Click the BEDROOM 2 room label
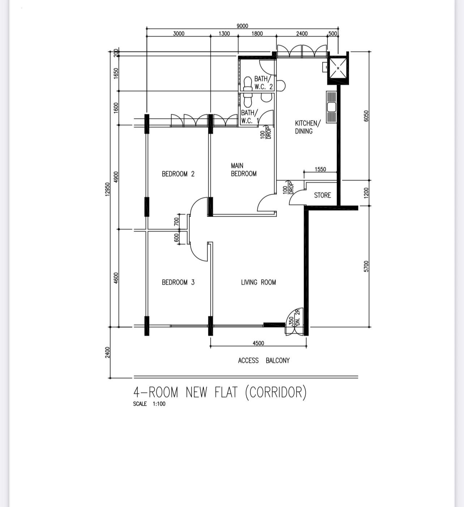point(178,174)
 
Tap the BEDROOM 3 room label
point(178,282)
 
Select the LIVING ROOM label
point(258,282)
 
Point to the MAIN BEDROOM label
point(244,170)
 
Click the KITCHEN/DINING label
point(308,127)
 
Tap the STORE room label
point(322,195)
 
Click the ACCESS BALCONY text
point(264,361)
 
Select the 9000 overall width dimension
point(242,26)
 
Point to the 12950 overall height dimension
point(108,189)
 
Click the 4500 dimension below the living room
point(258,343)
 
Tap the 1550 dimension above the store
point(320,169)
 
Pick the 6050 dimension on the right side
point(366,116)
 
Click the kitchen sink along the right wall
point(331,107)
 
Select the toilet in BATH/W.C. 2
point(248,84)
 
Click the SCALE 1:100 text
point(149,404)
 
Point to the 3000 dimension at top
point(179,34)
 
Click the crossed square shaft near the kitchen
point(338,68)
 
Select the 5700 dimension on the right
point(366,267)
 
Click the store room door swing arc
point(293,194)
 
